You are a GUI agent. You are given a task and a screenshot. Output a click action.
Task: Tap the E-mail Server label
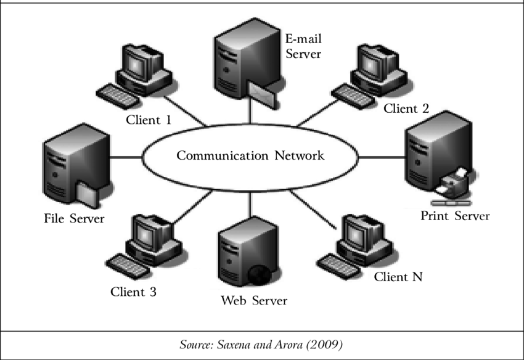[303, 46]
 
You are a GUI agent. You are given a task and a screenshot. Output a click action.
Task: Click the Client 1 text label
[149, 120]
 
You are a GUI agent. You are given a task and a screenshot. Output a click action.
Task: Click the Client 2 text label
[406, 109]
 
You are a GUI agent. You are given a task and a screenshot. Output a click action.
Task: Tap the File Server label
[75, 219]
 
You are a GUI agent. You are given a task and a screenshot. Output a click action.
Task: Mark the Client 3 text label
[134, 292]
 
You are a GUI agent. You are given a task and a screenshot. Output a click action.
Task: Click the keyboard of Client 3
[126, 263]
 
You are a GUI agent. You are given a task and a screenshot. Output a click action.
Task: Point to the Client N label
[399, 277]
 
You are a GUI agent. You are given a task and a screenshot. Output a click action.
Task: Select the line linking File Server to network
[126, 157]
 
